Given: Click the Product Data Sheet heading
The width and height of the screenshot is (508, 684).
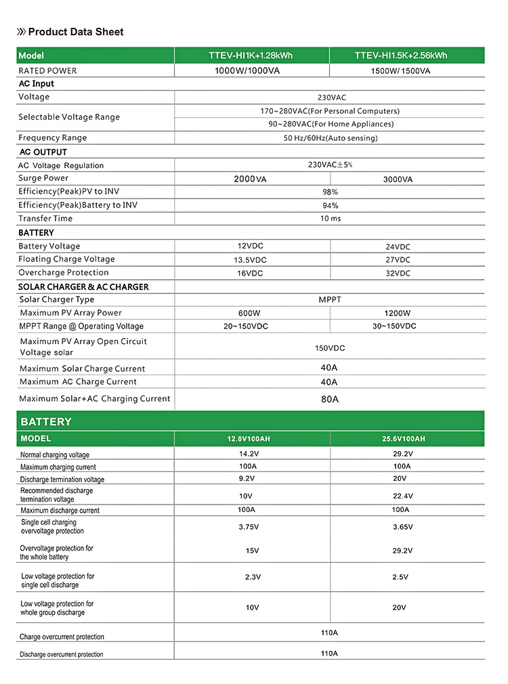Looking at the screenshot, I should tap(75, 32).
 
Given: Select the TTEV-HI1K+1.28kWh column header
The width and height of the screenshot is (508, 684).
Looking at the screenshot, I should tap(252, 56).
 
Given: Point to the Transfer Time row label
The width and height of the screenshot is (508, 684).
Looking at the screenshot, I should tap(45, 219).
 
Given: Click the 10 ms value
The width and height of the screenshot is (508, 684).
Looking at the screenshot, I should tap(331, 219).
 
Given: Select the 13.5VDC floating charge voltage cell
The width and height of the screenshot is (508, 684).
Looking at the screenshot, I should tap(250, 260).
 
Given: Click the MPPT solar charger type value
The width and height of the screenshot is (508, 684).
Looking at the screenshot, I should tap(330, 299).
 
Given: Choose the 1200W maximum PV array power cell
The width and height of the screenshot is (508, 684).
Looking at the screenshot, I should tap(397, 314).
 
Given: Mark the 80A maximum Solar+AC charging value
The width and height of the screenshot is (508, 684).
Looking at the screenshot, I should tap(330, 399).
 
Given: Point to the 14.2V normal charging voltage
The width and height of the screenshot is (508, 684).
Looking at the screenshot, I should tap(251, 454).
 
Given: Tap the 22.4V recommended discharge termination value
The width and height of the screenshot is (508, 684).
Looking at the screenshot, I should tap(402, 496).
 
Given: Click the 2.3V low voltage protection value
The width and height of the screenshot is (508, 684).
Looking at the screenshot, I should tap(253, 577).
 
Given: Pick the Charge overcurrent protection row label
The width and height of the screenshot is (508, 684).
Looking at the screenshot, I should tap(62, 637).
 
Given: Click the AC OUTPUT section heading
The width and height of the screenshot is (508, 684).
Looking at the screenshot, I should tap(43, 152).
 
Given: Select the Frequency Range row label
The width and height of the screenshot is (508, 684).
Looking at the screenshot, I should tap(53, 138).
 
